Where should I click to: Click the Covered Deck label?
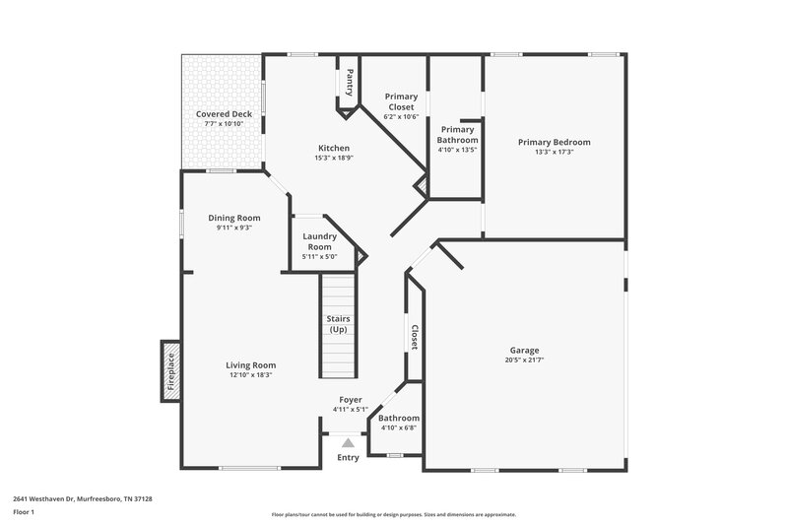[224, 114]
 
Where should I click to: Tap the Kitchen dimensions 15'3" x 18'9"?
[332, 158]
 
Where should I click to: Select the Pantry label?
[349, 84]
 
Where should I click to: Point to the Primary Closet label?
[401, 101]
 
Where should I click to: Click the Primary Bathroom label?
[457, 135]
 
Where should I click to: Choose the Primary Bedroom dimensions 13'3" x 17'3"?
[555, 153]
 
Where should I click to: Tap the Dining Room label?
[234, 218]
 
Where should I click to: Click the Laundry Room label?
[320, 242]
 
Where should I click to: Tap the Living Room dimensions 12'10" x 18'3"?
[252, 374]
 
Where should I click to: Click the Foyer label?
[350, 400]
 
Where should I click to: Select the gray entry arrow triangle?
[348, 443]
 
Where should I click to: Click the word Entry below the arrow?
[348, 458]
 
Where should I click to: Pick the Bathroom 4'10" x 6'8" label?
[399, 423]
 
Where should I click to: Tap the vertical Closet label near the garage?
[415, 337]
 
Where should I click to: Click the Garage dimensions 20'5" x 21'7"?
[524, 360]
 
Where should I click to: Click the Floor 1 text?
[24, 513]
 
